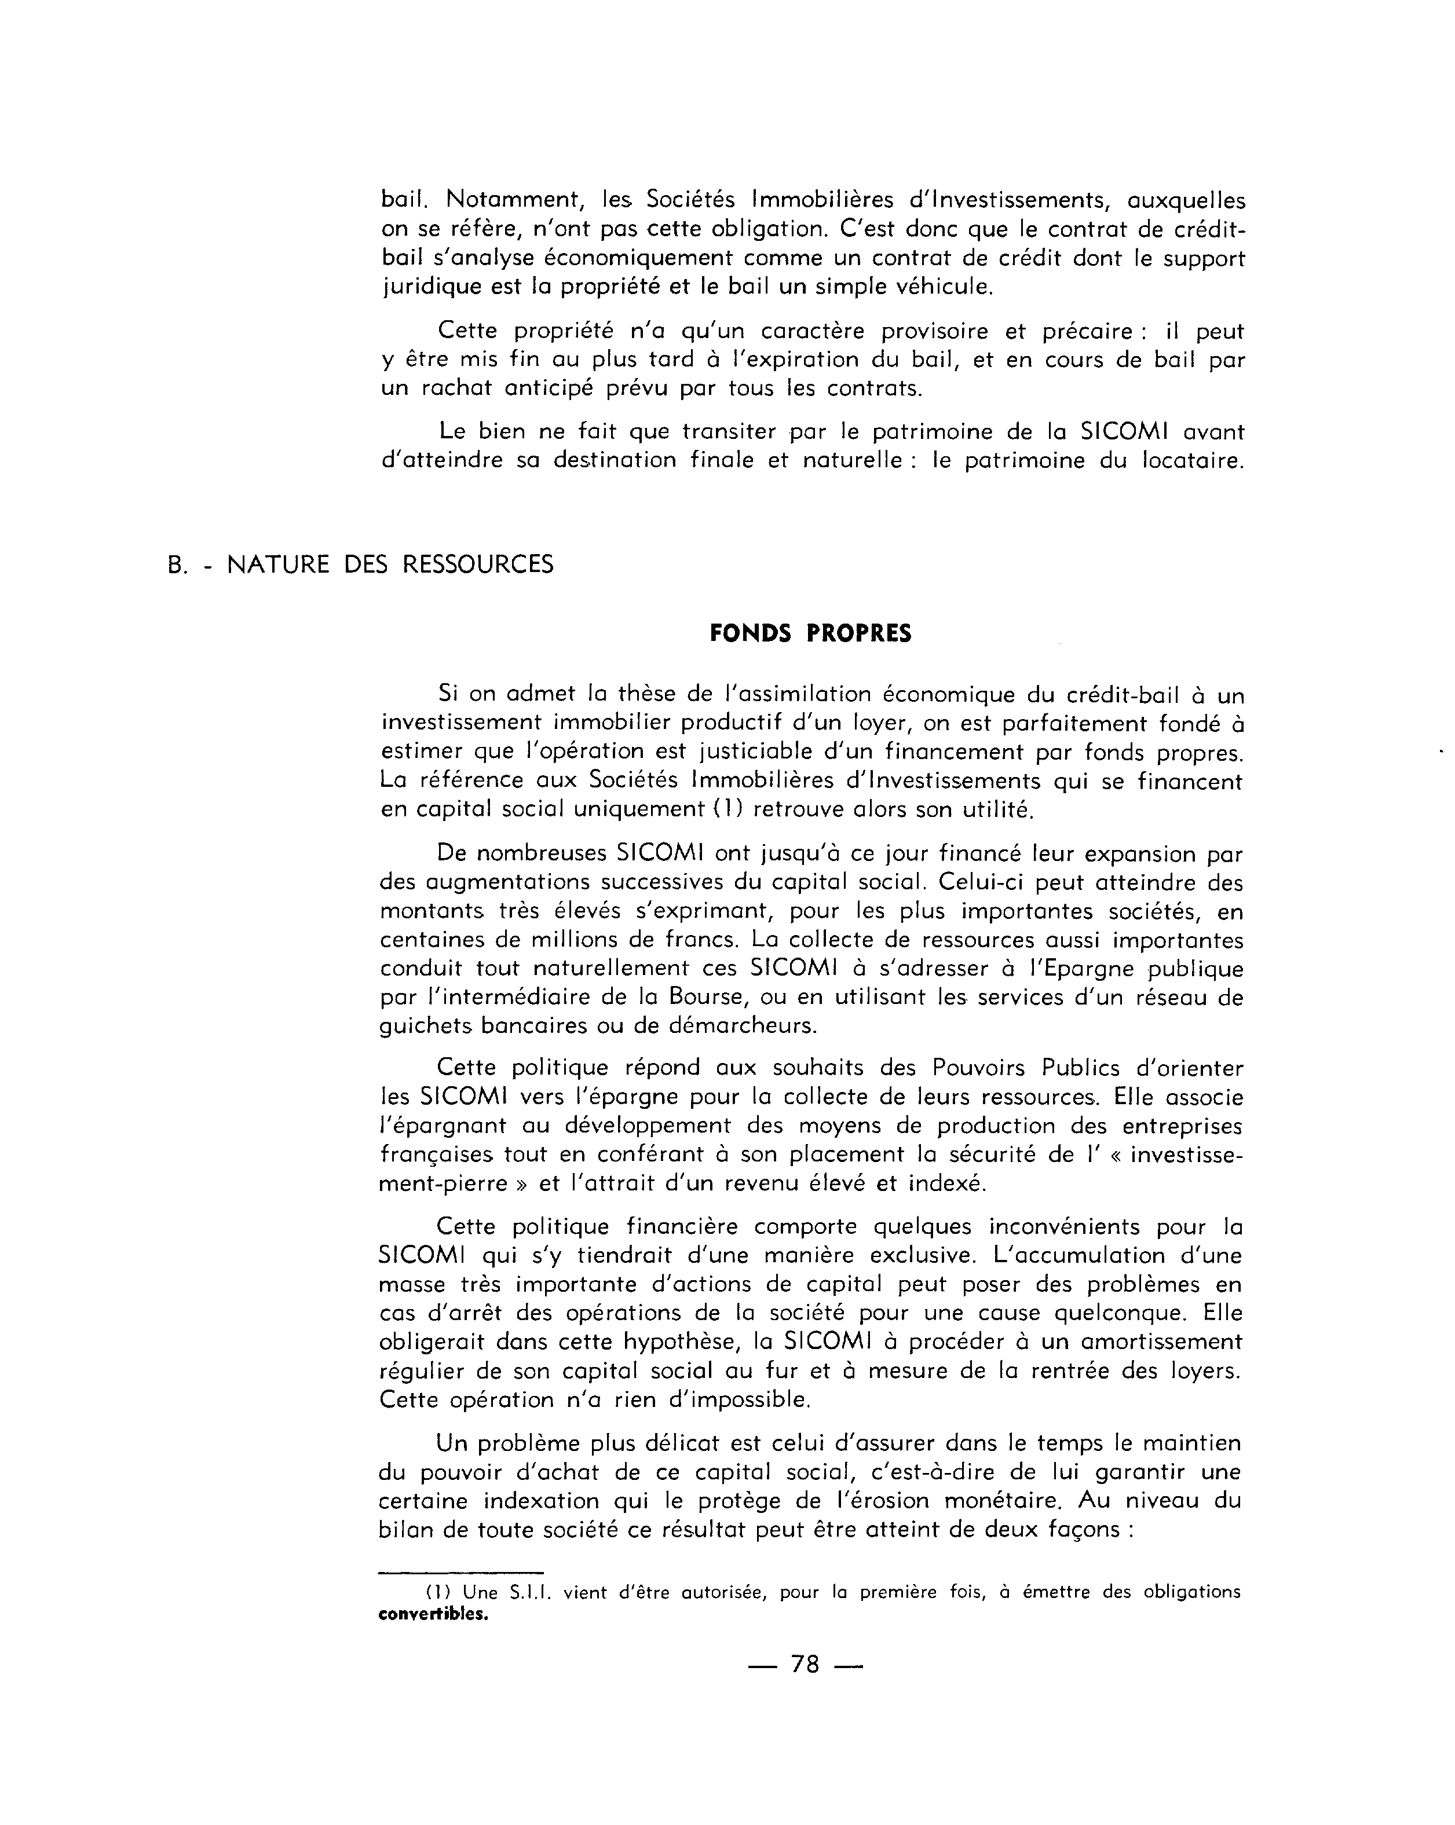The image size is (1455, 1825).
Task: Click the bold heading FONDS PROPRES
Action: point(810,634)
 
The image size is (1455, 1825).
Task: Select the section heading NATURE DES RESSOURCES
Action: point(390,564)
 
